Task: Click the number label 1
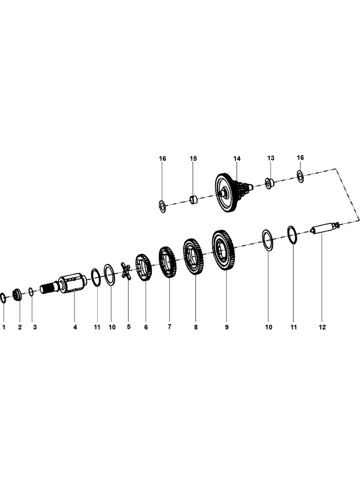(4, 327)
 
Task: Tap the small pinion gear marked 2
(17, 294)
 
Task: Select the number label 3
(35, 327)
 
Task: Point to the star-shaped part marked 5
(126, 270)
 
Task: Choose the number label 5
(128, 326)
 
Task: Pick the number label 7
(169, 326)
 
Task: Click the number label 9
(227, 327)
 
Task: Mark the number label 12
(322, 327)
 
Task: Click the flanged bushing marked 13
(269, 183)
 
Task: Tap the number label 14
(237, 158)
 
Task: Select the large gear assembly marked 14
(233, 192)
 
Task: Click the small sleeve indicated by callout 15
(194, 200)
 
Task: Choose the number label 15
(193, 158)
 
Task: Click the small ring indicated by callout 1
(3, 298)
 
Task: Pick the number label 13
(271, 158)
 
